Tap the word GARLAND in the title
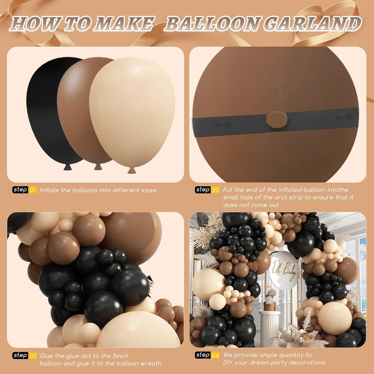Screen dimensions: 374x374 313,24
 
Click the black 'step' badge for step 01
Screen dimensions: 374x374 20,190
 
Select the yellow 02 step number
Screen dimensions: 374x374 216,190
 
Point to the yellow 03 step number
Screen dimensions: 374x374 33,356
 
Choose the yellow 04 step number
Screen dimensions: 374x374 216,355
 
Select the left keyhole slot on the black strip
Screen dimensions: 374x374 223,125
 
